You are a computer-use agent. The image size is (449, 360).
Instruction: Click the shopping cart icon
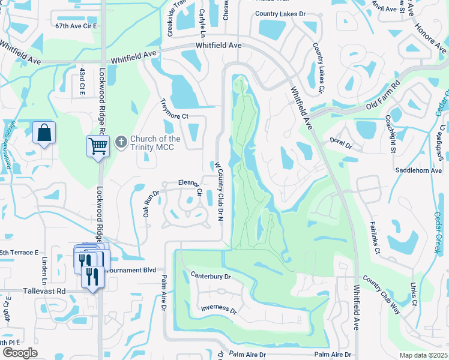[x=98, y=145]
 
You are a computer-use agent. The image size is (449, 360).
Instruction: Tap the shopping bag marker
[x=44, y=133]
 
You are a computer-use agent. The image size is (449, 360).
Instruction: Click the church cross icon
[x=121, y=142]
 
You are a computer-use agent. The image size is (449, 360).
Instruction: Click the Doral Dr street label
[x=340, y=143]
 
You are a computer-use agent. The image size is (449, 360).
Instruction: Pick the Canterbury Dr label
[x=211, y=276]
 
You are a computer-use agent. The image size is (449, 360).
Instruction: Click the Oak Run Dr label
[x=150, y=203]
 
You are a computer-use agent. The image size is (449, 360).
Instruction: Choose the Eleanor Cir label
[x=191, y=187]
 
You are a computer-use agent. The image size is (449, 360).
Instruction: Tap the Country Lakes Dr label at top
[x=280, y=13]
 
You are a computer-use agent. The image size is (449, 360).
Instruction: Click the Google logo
[x=20, y=353]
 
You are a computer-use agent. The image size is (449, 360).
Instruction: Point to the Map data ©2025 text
[x=423, y=355]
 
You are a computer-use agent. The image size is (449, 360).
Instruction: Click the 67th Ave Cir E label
[x=76, y=26]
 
